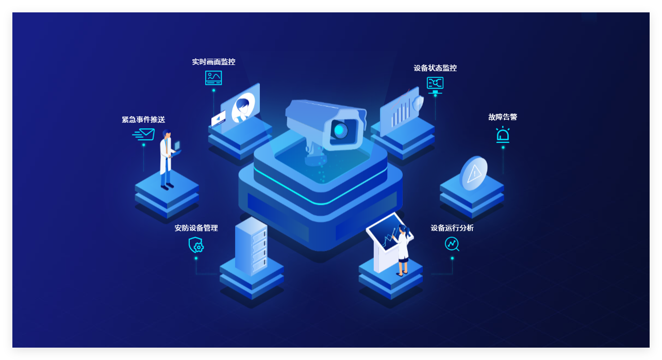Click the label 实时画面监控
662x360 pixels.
click(x=213, y=62)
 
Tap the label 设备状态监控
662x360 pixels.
click(x=435, y=68)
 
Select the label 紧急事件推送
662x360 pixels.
click(x=143, y=120)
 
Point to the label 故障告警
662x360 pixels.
click(x=502, y=117)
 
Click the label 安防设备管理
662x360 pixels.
click(x=196, y=228)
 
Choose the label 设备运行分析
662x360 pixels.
click(x=452, y=228)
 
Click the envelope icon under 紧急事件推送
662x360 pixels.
click(x=144, y=135)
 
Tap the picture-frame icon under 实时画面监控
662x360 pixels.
click(x=213, y=78)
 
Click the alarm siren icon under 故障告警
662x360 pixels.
click(x=503, y=135)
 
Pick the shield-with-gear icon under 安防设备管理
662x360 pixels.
click(x=196, y=245)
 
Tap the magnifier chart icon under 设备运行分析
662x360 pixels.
click(x=452, y=244)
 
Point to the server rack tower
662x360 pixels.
click(x=251, y=246)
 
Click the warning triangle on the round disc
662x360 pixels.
click(x=474, y=174)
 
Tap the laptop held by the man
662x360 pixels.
click(x=177, y=148)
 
